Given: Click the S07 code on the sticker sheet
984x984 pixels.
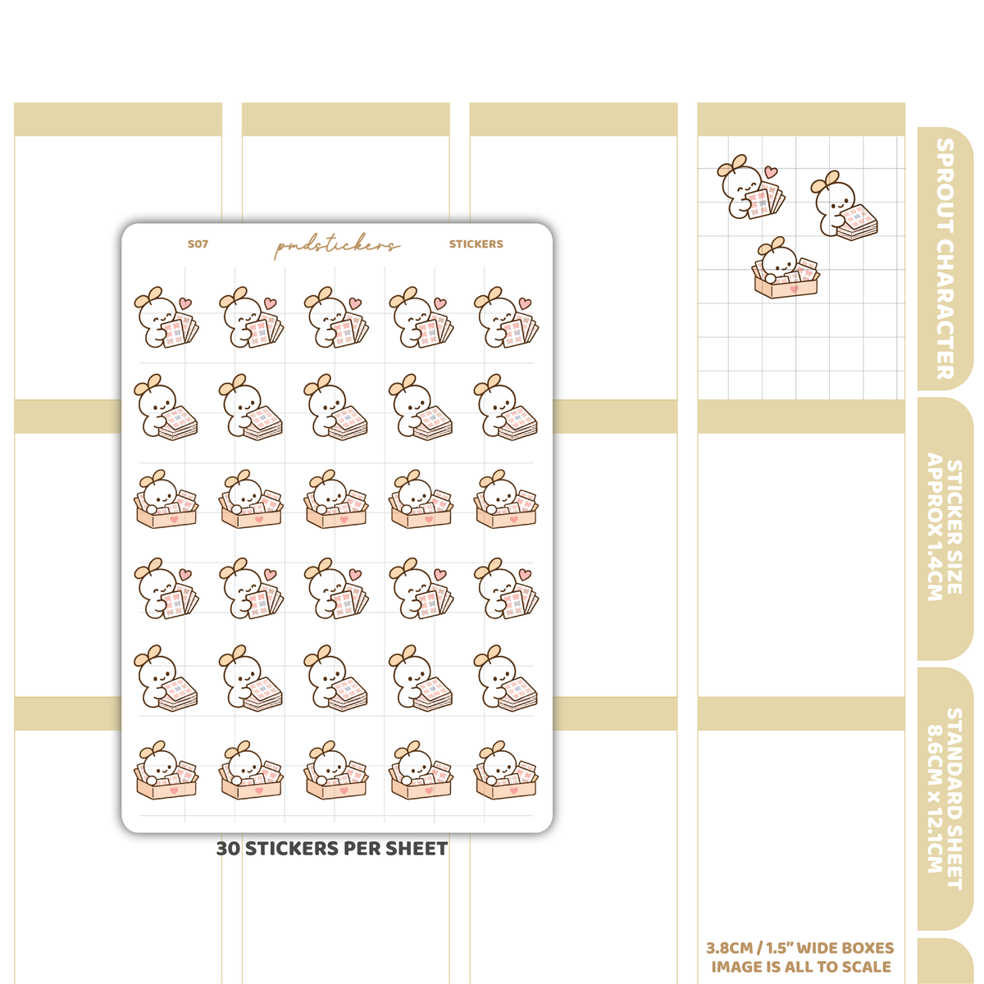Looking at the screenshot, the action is tap(198, 244).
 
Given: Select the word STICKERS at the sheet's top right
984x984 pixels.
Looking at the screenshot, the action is tap(476, 244).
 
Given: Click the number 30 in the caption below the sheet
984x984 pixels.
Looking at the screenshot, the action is tap(228, 849).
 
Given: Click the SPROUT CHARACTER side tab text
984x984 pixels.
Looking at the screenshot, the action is tap(945, 259).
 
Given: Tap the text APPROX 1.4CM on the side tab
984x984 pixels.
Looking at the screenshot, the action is tap(935, 526).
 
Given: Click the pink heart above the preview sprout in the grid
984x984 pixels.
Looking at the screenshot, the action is tap(771, 171).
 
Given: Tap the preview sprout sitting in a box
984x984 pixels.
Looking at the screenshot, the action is tap(786, 267).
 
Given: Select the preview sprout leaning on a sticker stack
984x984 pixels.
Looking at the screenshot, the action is tap(844, 204).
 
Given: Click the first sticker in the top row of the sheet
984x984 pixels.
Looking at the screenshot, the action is tap(166, 317).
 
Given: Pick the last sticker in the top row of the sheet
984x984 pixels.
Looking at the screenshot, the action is tap(506, 317).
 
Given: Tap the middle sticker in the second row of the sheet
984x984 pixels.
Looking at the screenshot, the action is tap(335, 407).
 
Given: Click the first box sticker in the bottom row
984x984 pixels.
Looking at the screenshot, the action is tap(166, 770).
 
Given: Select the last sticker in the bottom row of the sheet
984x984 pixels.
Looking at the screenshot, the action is tap(506, 770).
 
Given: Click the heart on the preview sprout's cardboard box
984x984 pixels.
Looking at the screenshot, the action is tap(794, 289).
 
